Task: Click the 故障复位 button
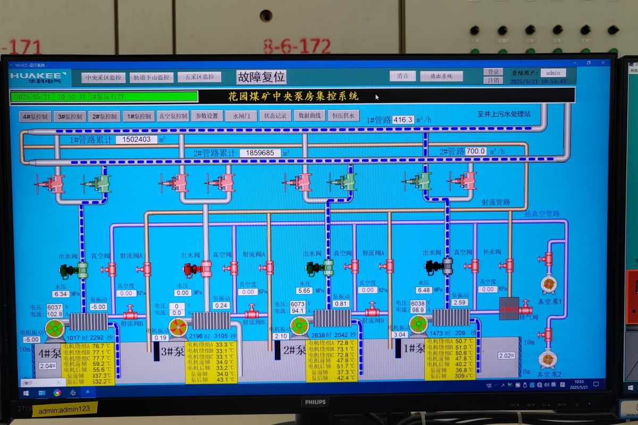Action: coord(261,77)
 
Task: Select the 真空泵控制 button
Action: coord(173,116)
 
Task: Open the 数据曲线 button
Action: coord(309,115)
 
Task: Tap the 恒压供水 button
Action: coord(343,115)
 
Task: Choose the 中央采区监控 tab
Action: coord(104,78)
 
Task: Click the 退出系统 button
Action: coord(441,76)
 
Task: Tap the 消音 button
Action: coord(402,76)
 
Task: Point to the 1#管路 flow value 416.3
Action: coord(403,120)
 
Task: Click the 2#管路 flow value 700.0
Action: coord(476,152)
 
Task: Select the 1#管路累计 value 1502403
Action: coord(136,140)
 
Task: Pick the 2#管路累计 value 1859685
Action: coord(260,153)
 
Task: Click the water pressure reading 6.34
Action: coord(61,294)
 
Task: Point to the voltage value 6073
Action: coord(298,304)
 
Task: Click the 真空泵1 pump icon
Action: coord(548,285)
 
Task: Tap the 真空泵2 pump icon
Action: coord(547,360)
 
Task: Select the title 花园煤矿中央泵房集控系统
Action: coord(293,96)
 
